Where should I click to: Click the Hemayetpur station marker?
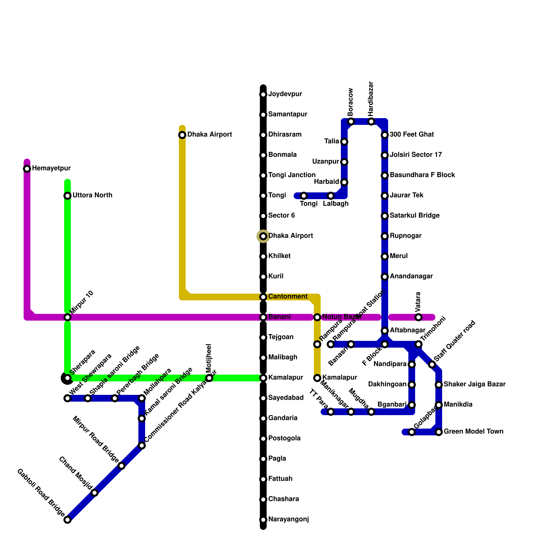tap(27, 169)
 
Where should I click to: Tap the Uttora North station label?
tap(92, 195)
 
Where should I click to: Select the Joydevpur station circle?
tap(263, 94)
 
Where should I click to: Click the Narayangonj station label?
tap(288, 519)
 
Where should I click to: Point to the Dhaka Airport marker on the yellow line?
tap(182, 135)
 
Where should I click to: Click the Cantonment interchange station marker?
tap(263, 297)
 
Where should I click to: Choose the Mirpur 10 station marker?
tap(67, 317)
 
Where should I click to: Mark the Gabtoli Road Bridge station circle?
tap(67, 520)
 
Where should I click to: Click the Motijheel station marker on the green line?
tap(209, 378)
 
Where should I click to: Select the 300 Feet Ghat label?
tap(411, 135)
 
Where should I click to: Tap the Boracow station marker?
tap(351, 122)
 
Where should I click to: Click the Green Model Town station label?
tap(473, 432)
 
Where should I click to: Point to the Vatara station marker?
tap(418, 317)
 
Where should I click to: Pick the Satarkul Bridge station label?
tap(414, 216)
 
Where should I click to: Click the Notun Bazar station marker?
tap(317, 317)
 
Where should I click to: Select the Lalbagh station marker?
tap(331, 196)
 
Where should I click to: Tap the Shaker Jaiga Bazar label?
tap(474, 384)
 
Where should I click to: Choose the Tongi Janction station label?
tap(292, 175)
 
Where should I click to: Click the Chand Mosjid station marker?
tap(95, 493)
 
